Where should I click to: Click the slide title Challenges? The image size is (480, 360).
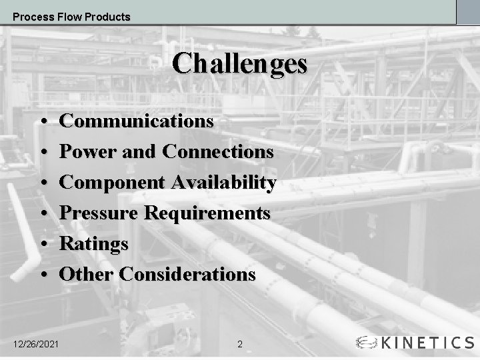click(x=240, y=64)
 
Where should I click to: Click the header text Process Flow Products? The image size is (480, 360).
click(x=71, y=17)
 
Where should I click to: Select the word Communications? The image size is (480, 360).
click(x=137, y=121)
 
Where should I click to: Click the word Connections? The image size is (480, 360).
click(x=217, y=152)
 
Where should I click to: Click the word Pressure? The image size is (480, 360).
click(x=99, y=213)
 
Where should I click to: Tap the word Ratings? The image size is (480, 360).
click(x=94, y=244)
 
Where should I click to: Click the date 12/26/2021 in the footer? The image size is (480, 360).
click(x=37, y=343)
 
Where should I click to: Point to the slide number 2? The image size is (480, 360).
click(x=240, y=345)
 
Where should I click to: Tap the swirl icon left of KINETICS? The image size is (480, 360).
click(x=368, y=343)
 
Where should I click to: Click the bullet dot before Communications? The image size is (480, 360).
click(x=42, y=123)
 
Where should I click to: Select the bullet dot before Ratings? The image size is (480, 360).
click(x=42, y=245)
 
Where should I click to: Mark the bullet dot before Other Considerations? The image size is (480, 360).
click(x=42, y=275)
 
